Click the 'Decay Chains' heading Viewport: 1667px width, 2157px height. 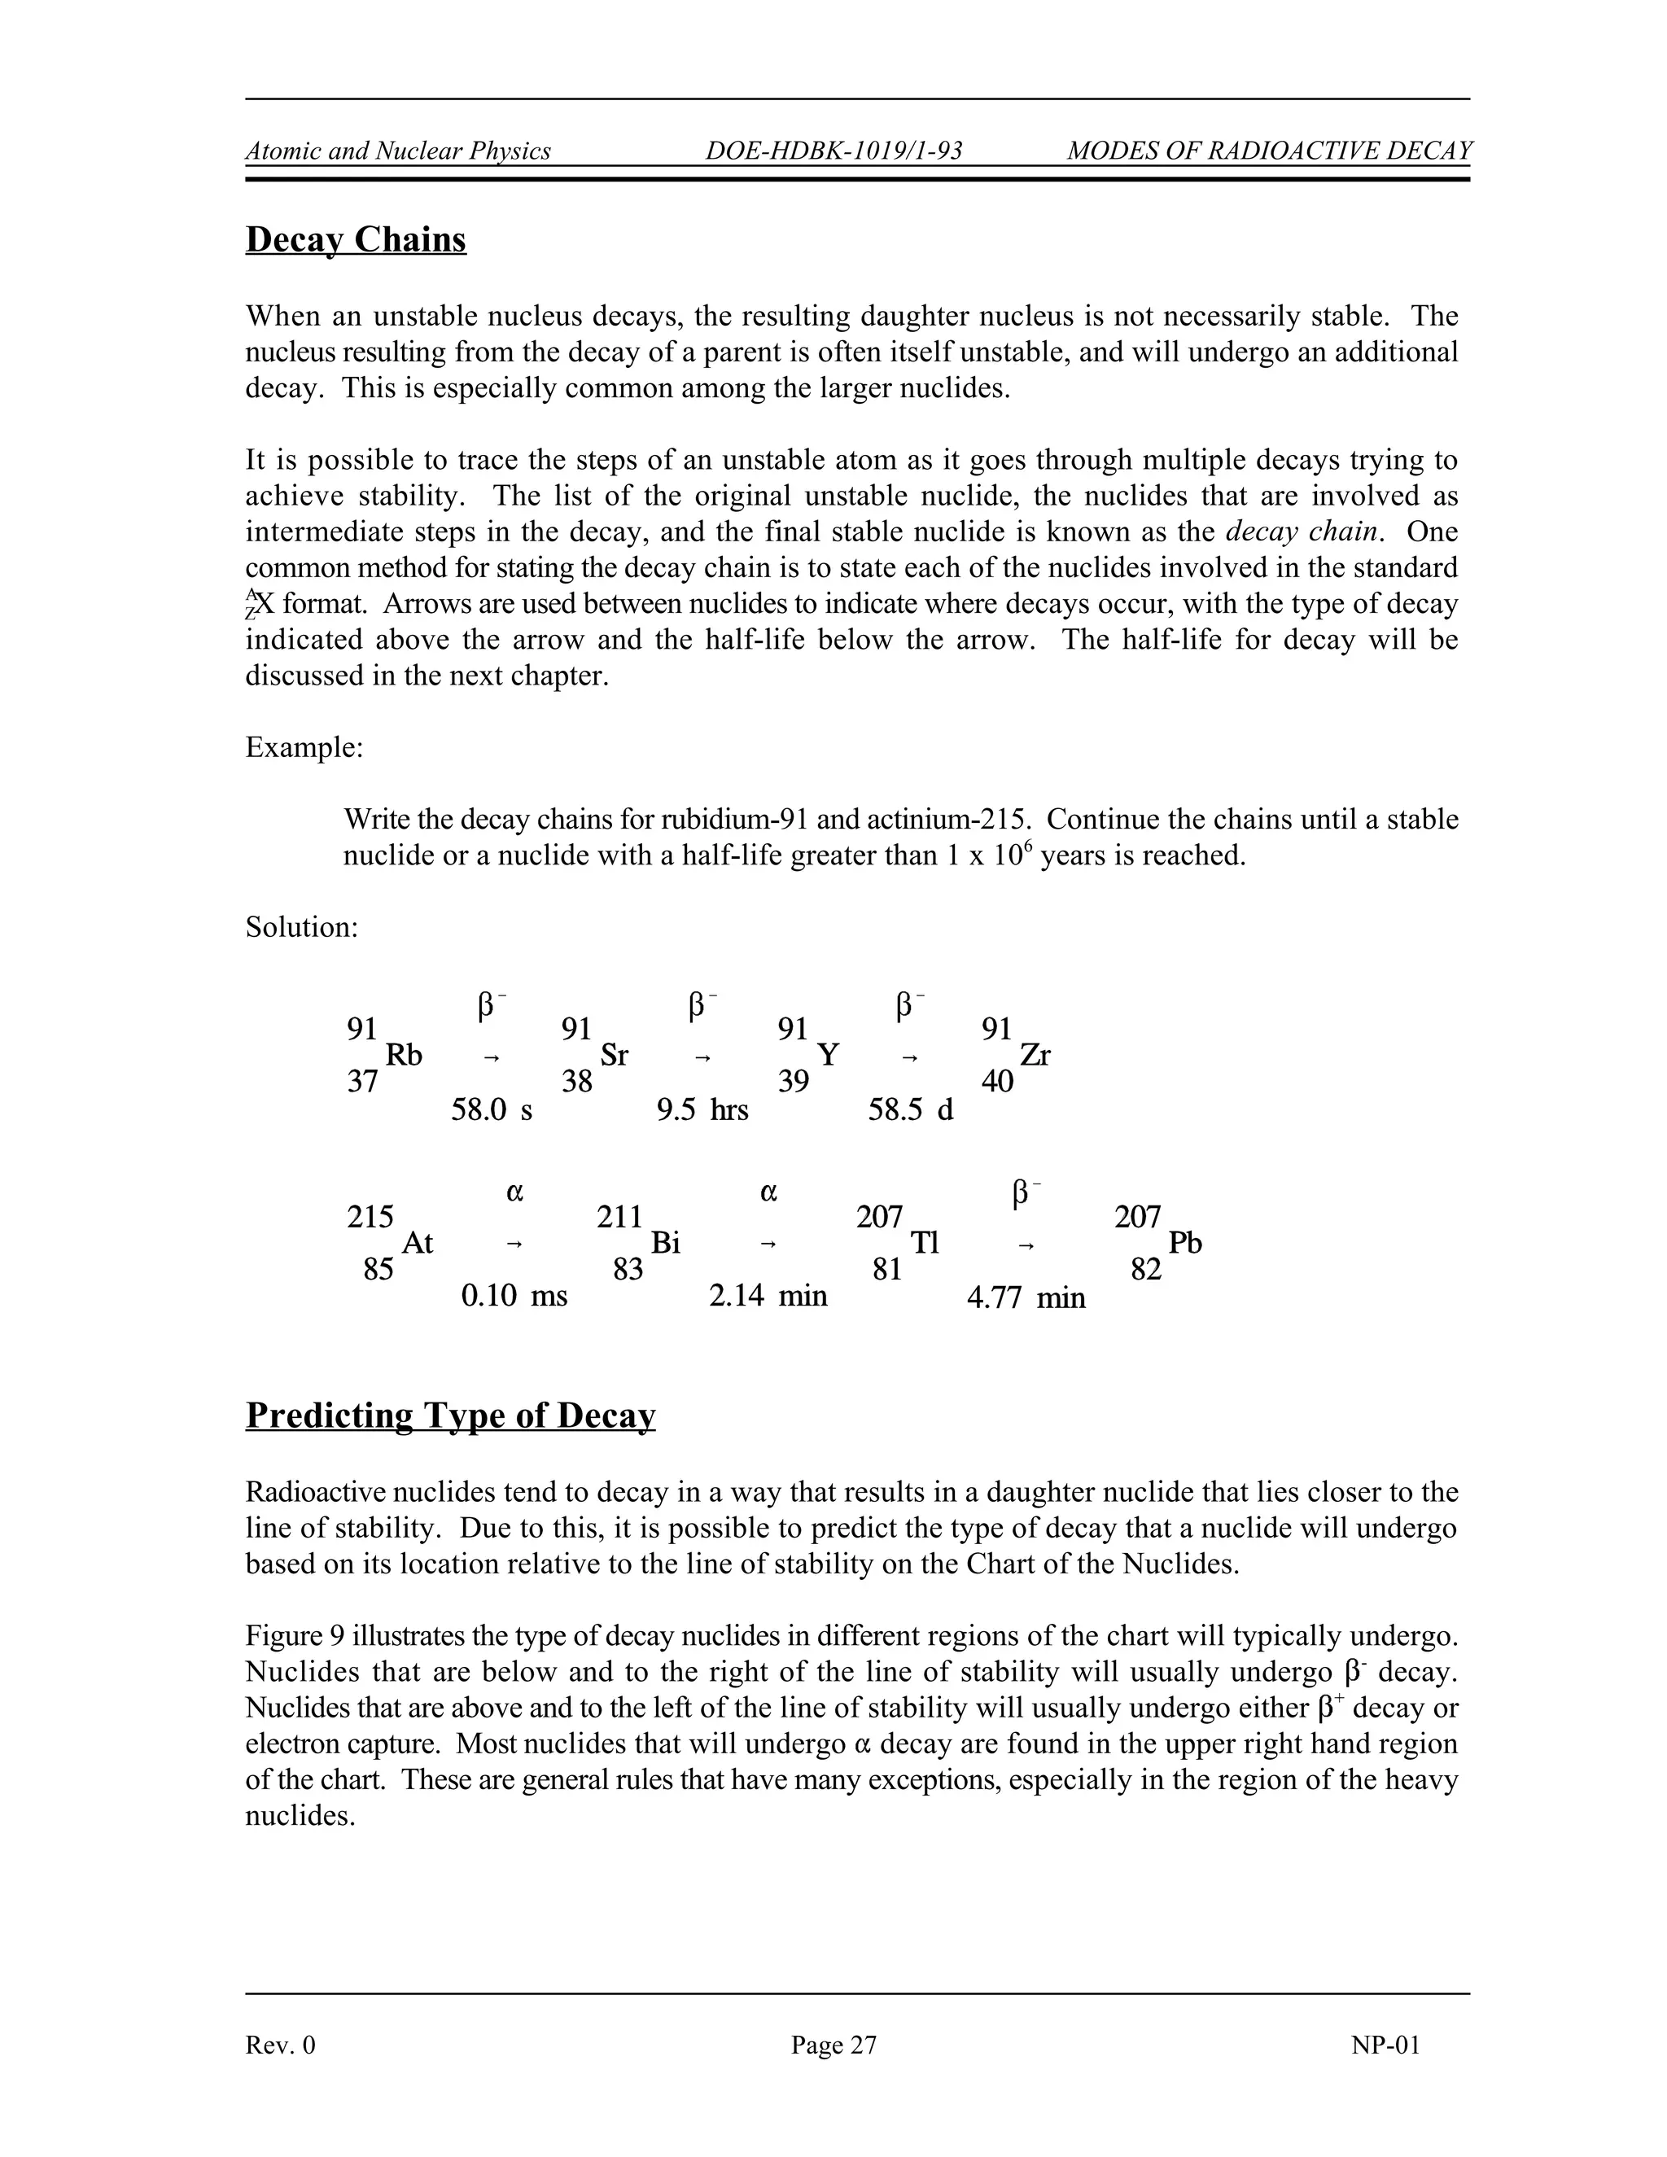coord(356,240)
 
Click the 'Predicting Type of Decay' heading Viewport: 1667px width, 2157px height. coord(450,1415)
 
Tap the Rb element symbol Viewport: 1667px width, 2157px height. coord(403,1056)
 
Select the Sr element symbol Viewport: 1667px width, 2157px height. coord(615,1056)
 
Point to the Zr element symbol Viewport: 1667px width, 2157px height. coord(1035,1056)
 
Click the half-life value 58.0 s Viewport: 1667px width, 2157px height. coord(492,1110)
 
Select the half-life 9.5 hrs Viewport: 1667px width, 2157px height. coord(702,1110)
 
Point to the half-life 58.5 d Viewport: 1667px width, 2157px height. coord(911,1110)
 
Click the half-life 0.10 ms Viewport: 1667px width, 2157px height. coord(514,1296)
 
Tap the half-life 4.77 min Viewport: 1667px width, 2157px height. coord(1026,1297)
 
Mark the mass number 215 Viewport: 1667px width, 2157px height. coord(370,1217)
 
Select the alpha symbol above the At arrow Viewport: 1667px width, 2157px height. coord(514,1192)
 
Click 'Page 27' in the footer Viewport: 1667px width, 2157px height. coord(833,2045)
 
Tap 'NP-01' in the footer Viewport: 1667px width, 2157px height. coord(1385,2045)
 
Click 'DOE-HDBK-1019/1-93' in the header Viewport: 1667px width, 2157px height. coord(833,151)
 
